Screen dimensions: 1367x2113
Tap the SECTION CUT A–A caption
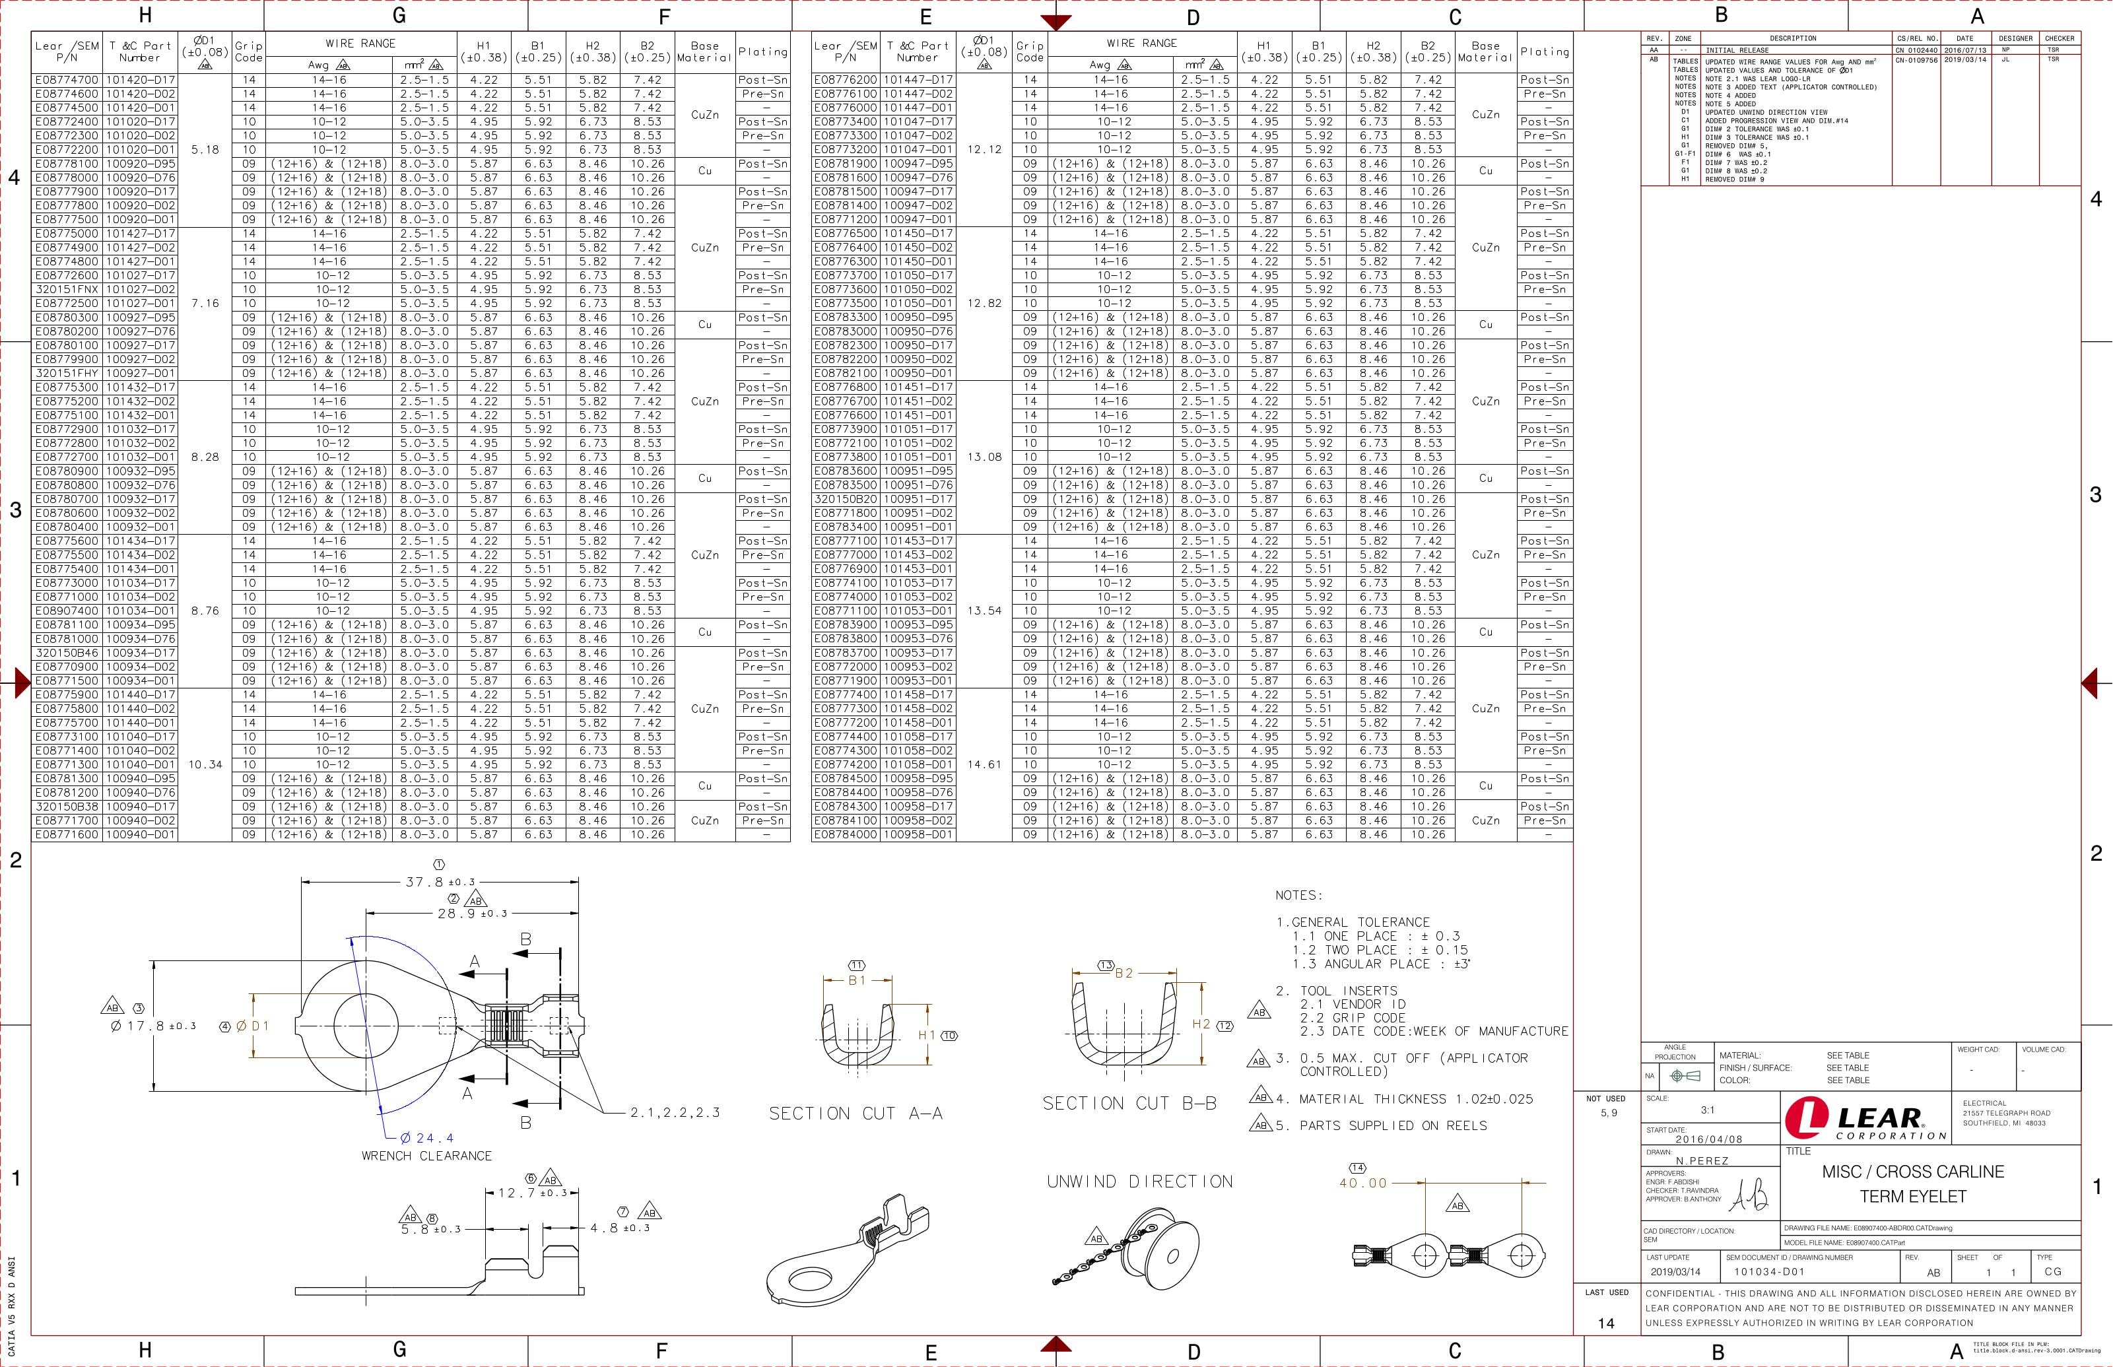click(855, 1113)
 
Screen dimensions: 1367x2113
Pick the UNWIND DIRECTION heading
click(1139, 1182)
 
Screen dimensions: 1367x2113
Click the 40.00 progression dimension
click(1362, 1182)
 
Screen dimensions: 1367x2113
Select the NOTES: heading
click(1299, 896)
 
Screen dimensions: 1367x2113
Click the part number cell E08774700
click(67, 80)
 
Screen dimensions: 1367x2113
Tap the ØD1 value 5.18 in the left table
click(205, 150)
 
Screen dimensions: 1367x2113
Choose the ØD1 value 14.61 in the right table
click(984, 764)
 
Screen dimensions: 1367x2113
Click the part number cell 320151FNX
click(67, 289)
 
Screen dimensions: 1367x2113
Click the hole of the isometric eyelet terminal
click(809, 1279)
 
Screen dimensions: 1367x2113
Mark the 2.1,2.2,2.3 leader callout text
click(675, 1112)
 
